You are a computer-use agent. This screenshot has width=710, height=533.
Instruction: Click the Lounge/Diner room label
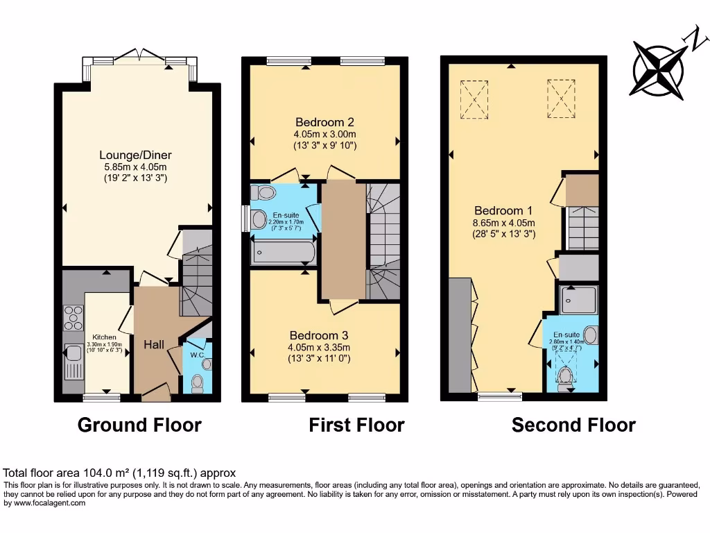pos(135,155)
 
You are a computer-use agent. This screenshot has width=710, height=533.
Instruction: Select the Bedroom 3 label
pos(320,335)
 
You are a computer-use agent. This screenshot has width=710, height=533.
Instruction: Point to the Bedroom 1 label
pos(503,210)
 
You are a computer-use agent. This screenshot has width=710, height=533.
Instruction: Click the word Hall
pos(154,344)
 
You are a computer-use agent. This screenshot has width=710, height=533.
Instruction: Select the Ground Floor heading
pos(139,425)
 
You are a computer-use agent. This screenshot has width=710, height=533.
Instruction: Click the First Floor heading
pos(356,425)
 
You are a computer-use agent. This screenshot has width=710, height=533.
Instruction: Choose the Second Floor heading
pos(573,425)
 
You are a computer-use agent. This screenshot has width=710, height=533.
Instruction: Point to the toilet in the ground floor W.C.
pos(198,381)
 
